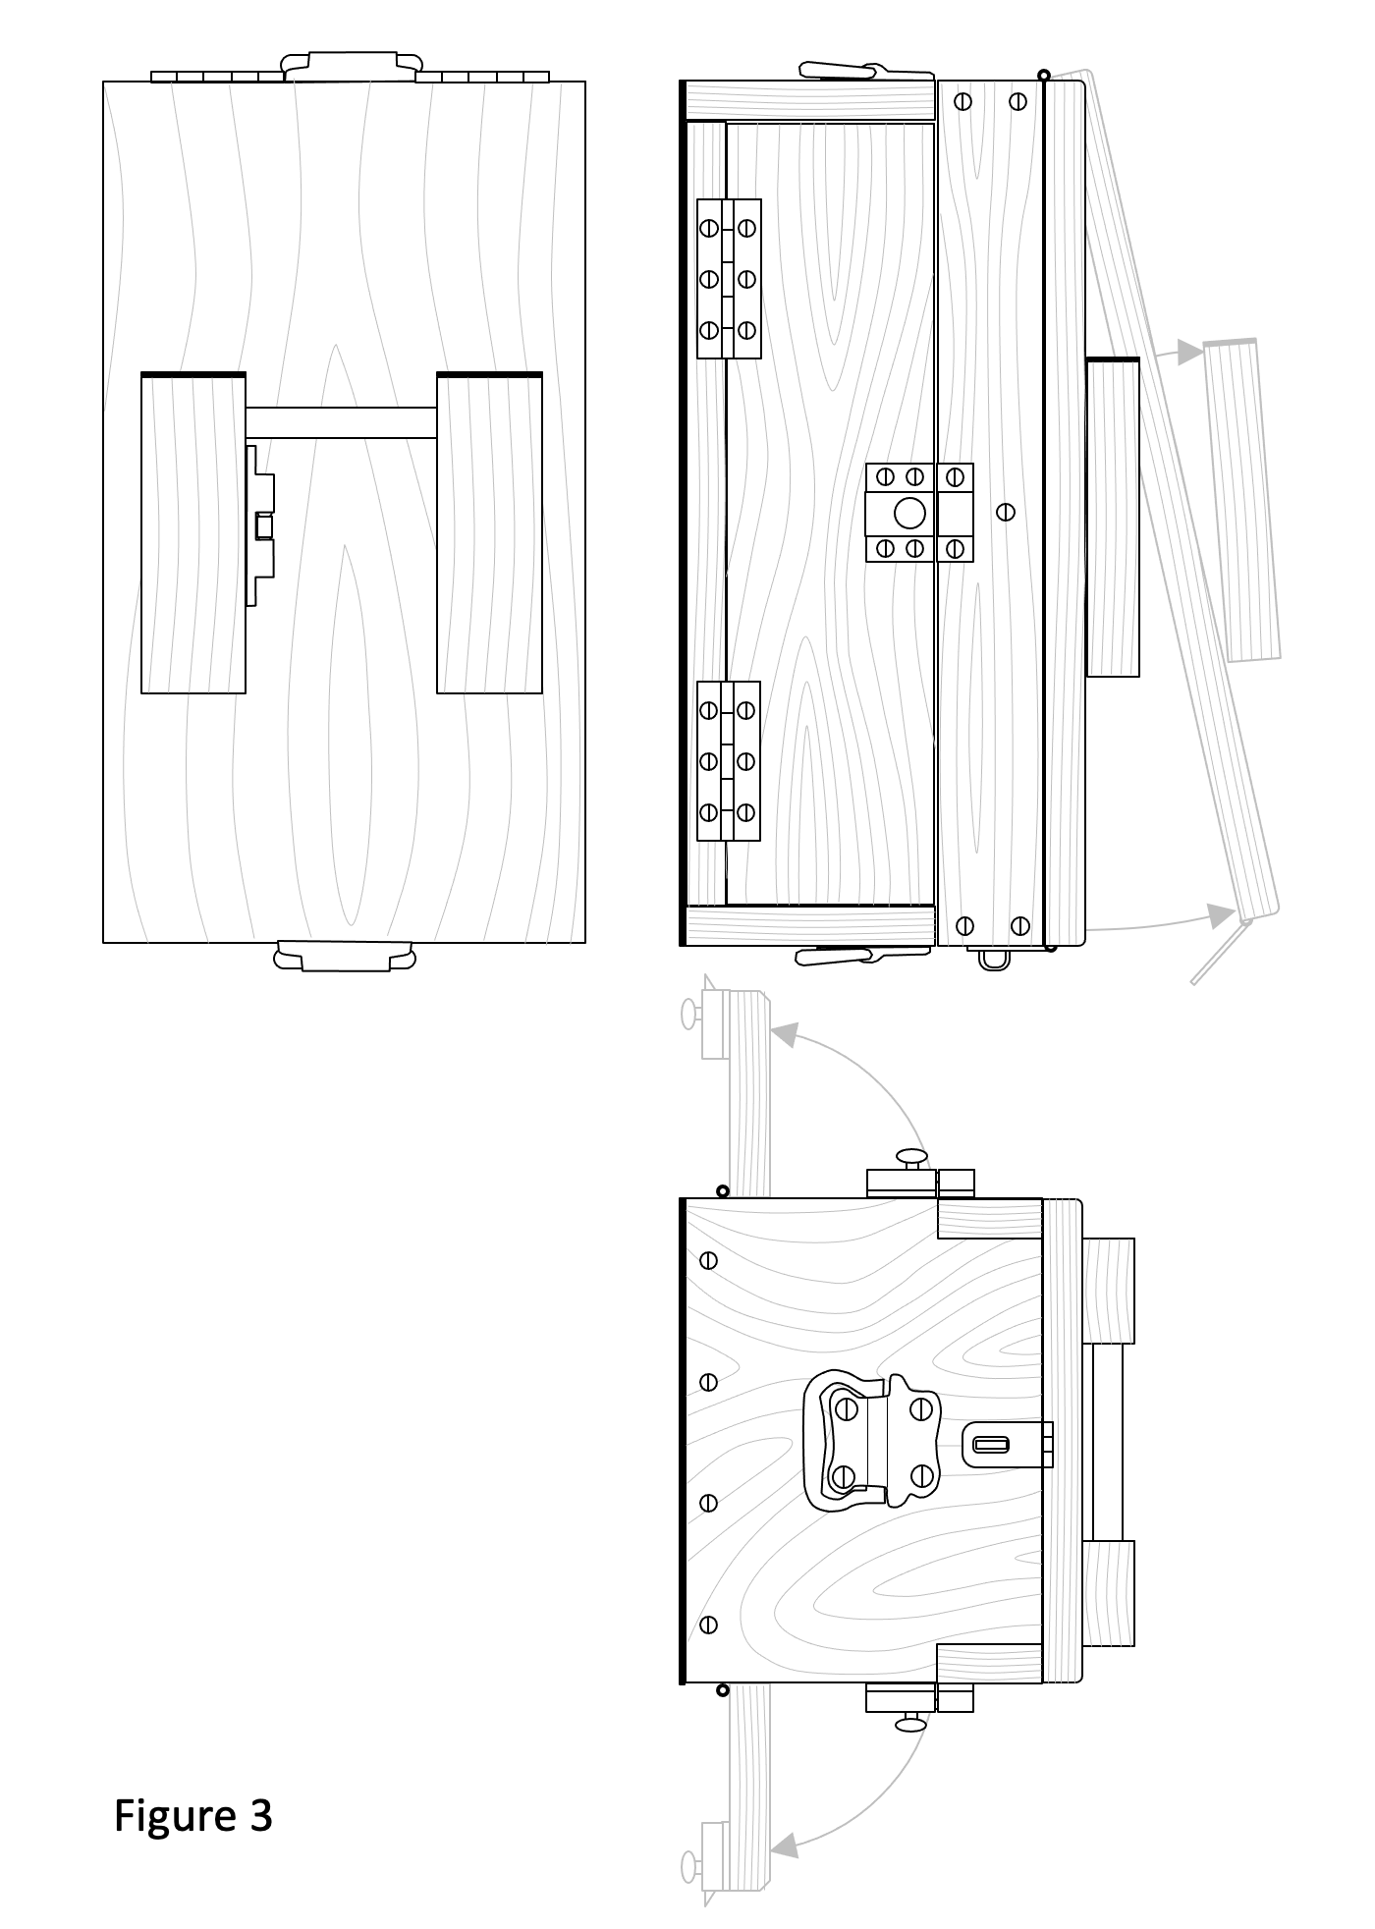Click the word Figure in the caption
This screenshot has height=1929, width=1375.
tap(174, 1817)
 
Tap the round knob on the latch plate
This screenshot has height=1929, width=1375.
tap(909, 513)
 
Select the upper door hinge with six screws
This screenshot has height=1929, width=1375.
tap(728, 279)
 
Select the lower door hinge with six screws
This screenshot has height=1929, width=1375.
tap(728, 761)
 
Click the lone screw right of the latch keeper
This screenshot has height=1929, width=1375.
tap(1005, 512)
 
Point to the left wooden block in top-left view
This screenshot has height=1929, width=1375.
tap(193, 533)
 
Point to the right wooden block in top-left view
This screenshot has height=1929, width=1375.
tap(489, 533)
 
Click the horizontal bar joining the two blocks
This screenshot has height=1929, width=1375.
tap(340, 422)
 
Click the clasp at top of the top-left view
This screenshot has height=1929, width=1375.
tap(349, 66)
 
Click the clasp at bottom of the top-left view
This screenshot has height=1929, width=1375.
tap(345, 956)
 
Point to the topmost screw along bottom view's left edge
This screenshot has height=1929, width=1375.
tap(708, 1260)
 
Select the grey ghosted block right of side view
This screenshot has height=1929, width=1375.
tap(1242, 501)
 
